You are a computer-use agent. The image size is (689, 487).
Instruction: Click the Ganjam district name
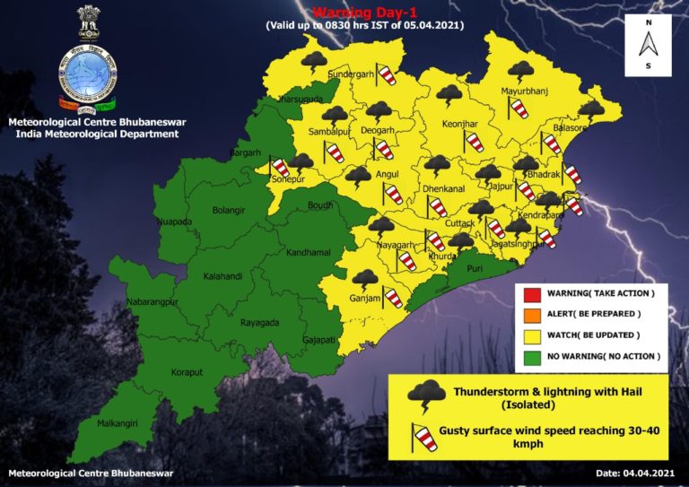(366, 298)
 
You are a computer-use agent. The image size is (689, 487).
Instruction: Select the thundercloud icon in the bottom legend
(425, 396)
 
